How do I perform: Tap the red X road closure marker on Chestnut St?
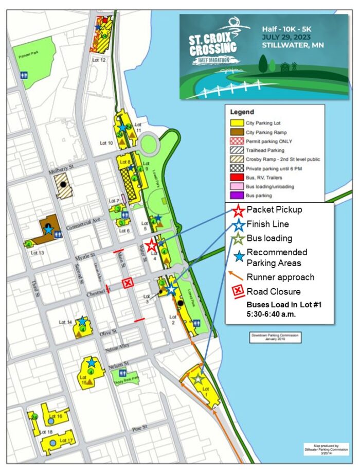point(128,283)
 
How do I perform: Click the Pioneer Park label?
point(25,56)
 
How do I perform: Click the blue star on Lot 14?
point(82,322)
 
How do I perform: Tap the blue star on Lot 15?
point(91,362)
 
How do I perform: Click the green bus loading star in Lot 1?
point(197,379)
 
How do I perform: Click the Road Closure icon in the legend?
point(238,291)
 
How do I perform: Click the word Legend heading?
point(242,112)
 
